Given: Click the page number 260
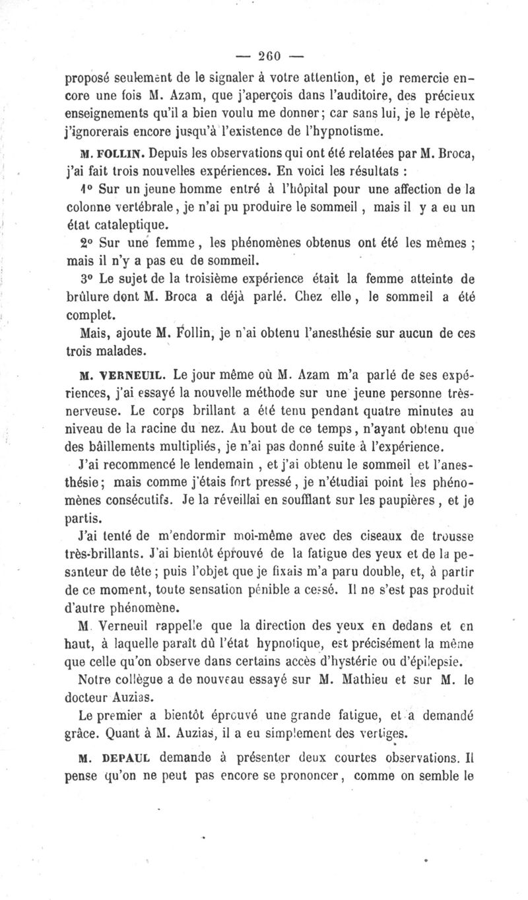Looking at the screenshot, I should tap(264, 55).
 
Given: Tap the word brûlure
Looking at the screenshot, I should tap(92, 297).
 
